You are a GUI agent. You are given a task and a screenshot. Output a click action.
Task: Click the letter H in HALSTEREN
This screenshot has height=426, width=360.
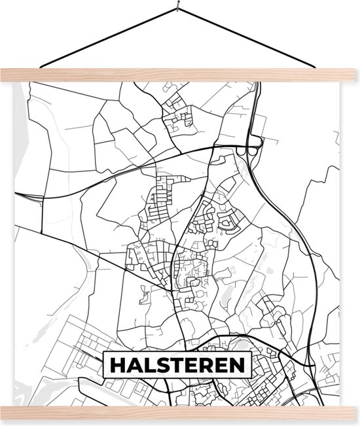(118, 365)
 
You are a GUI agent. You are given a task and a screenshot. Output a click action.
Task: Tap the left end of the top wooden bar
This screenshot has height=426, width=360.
(5, 75)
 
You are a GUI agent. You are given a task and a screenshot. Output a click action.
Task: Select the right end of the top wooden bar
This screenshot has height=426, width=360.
(354, 75)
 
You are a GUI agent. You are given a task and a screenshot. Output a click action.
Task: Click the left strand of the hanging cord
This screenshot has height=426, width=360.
(105, 39)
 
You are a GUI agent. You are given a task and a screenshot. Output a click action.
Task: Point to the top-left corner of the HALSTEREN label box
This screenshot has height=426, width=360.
(106, 353)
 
